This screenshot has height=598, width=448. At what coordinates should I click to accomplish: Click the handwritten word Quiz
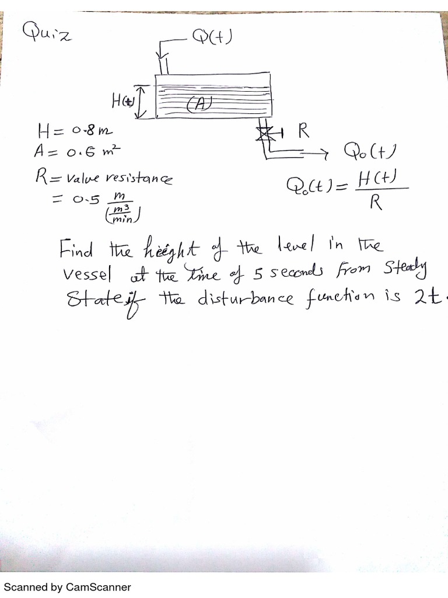tap(46, 32)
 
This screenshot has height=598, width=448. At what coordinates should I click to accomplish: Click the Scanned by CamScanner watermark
tap(68, 587)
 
